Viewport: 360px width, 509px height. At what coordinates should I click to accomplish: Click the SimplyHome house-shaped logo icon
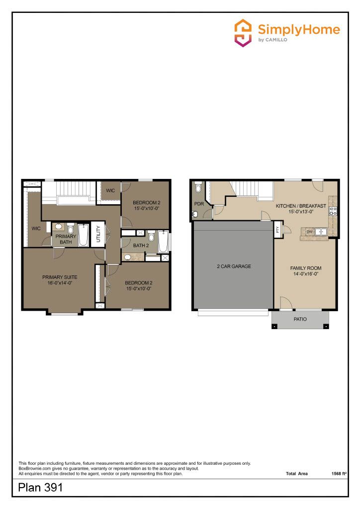pos(243,33)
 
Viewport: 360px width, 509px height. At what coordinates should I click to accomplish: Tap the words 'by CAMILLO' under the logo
pos(272,40)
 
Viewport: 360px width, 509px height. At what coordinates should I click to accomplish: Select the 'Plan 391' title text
pos(40,488)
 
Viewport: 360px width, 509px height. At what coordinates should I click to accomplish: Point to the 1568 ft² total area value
pos(339,474)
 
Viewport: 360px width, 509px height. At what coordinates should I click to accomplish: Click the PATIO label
pos(300,319)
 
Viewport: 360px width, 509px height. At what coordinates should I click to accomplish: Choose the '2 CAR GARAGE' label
pos(234,266)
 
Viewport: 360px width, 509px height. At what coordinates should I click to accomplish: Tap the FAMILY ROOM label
pos(305,268)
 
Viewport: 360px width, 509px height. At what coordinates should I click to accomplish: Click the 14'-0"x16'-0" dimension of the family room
pos(305,274)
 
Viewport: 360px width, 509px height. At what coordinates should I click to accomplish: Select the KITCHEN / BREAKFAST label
pos(301,206)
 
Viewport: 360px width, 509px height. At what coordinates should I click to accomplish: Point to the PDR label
pos(199,204)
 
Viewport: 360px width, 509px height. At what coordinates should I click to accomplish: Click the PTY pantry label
pos(277,230)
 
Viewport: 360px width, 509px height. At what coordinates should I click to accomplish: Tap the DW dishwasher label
pos(309,232)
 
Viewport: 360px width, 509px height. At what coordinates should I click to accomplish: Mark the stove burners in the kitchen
pos(333,211)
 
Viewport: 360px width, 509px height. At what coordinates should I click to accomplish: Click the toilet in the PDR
pos(198,187)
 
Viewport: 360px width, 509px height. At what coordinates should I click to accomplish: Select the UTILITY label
pos(98,234)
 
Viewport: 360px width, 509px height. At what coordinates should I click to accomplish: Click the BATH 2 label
pos(141,246)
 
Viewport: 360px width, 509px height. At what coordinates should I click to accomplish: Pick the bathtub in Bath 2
pos(163,242)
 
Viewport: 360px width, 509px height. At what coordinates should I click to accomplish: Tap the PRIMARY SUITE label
pos(60,277)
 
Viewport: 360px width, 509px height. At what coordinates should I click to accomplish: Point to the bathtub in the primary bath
pos(83,235)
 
